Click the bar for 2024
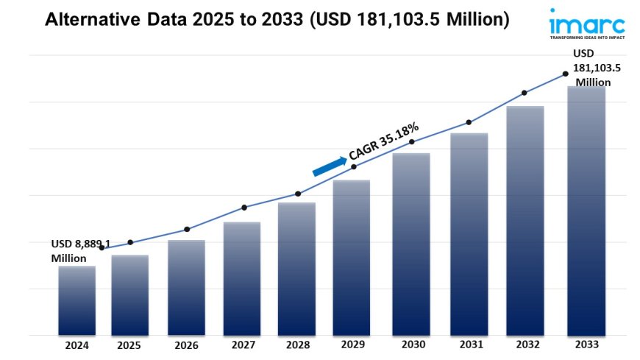click(x=77, y=300)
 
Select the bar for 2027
click(x=242, y=278)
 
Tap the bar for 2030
click(x=411, y=244)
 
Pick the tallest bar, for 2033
click(x=586, y=211)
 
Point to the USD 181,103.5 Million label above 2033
click(x=597, y=68)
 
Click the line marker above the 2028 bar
click(x=298, y=194)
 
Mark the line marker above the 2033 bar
click(x=565, y=74)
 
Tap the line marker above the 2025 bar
click(x=130, y=242)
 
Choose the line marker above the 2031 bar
click(x=468, y=122)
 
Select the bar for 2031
click(x=468, y=234)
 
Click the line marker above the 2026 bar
click(x=187, y=229)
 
